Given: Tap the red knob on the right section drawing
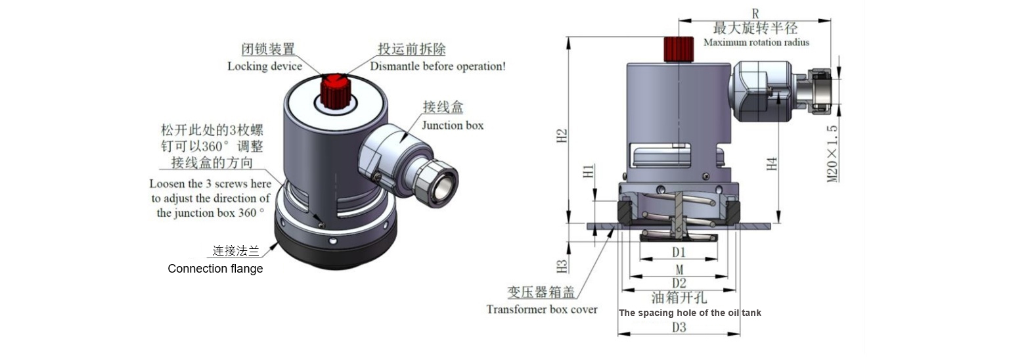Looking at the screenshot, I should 679,49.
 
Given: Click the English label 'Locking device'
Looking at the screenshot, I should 265,66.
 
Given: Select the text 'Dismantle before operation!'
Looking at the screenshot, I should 437,66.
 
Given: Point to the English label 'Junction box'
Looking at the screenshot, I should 452,125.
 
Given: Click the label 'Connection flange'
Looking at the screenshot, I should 215,269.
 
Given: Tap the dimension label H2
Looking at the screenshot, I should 562,137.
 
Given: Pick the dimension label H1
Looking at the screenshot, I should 589,171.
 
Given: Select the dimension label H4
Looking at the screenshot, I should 772,163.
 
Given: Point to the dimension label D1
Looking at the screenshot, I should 679,252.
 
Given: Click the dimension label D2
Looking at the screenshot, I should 679,283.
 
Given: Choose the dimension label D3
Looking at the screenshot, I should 679,327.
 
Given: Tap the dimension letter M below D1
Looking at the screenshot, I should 679,269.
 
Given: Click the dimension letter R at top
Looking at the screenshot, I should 755,13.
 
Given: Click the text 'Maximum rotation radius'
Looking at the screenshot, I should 756,43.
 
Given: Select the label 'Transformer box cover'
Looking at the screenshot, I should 542,309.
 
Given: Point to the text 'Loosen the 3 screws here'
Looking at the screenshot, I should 210,184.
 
